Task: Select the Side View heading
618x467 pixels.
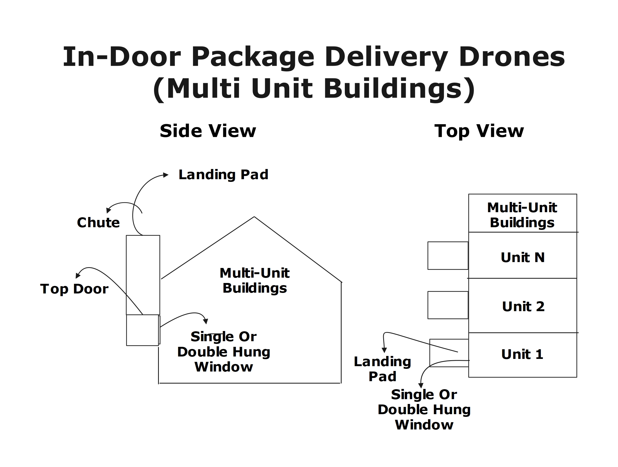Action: (x=208, y=131)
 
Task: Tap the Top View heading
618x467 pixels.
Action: (x=479, y=131)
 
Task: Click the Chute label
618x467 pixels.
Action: (x=98, y=223)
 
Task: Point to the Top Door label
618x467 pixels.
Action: (x=74, y=289)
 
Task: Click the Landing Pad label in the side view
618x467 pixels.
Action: (x=223, y=175)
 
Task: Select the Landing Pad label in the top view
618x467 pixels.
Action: (x=382, y=369)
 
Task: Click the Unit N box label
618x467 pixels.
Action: (x=522, y=257)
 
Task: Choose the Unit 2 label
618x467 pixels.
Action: (x=523, y=306)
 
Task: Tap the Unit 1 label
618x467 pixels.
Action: (x=522, y=354)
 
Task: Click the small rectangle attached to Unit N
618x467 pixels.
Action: (x=448, y=256)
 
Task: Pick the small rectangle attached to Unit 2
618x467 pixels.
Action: (x=448, y=305)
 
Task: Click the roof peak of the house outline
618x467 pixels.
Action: (x=254, y=217)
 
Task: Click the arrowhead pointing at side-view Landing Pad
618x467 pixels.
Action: (x=166, y=175)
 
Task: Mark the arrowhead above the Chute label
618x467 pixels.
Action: (x=108, y=211)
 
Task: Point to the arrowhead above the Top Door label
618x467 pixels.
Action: (x=78, y=276)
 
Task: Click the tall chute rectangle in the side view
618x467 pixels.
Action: (x=143, y=275)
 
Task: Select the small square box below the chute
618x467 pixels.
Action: (x=142, y=330)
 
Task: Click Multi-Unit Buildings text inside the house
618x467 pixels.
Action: (x=254, y=280)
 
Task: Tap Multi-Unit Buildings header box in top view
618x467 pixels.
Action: (x=522, y=213)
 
